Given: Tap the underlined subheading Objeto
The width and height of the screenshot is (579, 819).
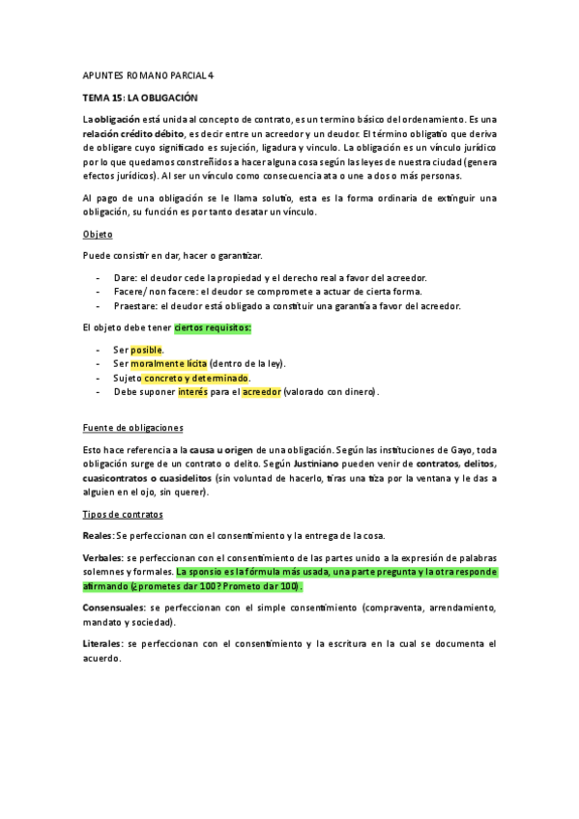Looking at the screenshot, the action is point(99,234).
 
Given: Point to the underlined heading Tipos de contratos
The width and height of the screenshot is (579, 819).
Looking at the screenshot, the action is point(124,514).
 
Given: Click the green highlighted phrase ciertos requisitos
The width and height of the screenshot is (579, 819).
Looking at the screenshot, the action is point(213,328).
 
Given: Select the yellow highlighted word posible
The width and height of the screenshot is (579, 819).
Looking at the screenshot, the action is point(147,350).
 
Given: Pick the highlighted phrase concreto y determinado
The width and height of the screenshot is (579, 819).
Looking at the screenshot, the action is point(202,379).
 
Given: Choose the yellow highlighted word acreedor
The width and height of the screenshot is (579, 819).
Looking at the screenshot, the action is point(261,392).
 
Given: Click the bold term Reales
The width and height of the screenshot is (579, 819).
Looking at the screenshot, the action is point(98,535).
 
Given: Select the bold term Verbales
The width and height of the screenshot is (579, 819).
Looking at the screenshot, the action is point(102,558).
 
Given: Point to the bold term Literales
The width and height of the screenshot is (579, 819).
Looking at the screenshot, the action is point(102,643).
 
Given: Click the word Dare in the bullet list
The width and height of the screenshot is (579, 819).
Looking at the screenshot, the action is point(125,277).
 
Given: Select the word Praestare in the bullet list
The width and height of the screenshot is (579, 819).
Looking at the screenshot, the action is point(136,305).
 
